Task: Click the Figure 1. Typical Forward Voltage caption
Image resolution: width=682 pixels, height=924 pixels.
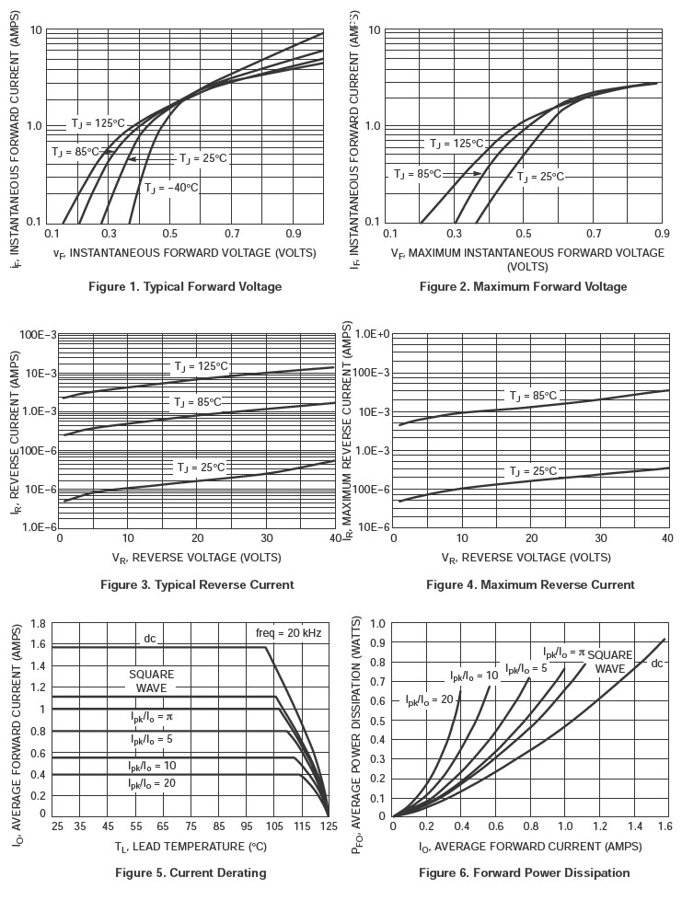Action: [185, 286]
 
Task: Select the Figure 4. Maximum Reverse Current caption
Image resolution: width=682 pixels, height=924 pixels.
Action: [530, 584]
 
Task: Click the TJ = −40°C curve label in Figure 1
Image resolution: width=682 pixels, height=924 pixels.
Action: [171, 188]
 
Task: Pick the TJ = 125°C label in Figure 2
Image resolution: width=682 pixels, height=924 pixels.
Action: [456, 144]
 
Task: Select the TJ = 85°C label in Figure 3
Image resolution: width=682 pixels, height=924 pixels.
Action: [198, 402]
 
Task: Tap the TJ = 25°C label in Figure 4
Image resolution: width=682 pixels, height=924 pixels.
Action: [533, 471]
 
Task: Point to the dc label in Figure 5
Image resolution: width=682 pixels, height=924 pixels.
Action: [150, 639]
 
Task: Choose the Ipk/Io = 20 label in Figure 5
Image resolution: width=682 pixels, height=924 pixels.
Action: [151, 783]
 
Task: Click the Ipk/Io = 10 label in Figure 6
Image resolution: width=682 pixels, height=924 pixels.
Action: [474, 676]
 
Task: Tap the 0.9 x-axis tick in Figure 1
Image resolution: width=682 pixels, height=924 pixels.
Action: [294, 235]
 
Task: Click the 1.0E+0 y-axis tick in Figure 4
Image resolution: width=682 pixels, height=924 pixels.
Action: [373, 334]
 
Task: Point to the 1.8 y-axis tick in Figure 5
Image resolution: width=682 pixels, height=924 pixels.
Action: [39, 624]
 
